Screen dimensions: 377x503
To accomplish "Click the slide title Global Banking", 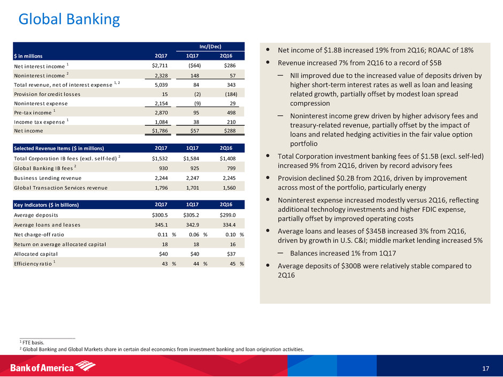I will (69, 20).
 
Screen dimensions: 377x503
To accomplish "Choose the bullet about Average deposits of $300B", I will (374, 271).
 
